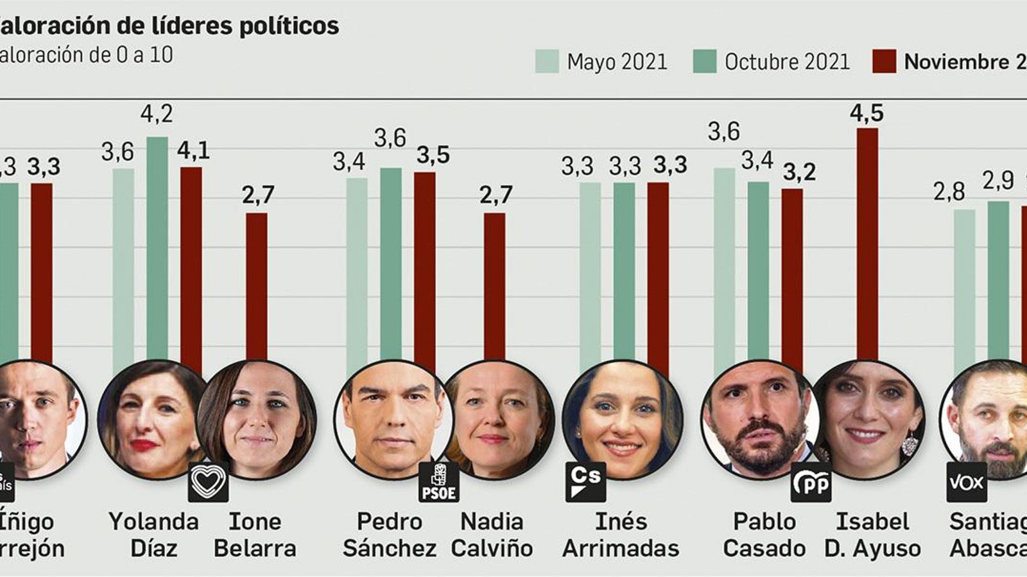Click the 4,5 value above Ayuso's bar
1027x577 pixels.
coord(866,113)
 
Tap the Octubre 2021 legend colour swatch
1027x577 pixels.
coord(704,62)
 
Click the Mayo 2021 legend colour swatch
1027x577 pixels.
coord(547,62)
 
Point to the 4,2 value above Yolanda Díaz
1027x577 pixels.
coord(157,114)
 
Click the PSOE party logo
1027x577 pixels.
coord(438,482)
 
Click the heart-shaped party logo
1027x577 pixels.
coord(208,482)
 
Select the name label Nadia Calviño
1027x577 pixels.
coord(492,535)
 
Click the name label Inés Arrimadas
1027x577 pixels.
coord(620,535)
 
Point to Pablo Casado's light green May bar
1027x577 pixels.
coord(724,269)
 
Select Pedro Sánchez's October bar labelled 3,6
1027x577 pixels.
coord(390,269)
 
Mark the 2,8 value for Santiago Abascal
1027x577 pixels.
coord(949,191)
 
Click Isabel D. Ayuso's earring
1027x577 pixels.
coord(908,444)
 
